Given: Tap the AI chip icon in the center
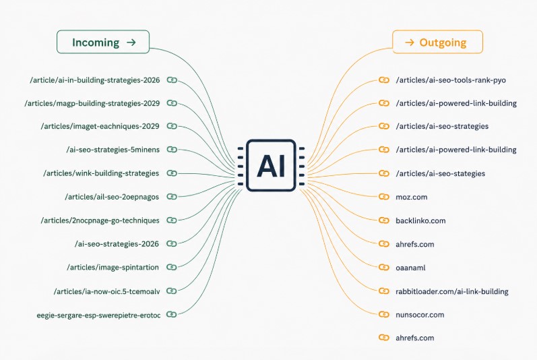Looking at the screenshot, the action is click(271, 165).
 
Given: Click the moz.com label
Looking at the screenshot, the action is click(411, 197).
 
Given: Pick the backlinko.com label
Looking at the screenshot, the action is click(420, 220).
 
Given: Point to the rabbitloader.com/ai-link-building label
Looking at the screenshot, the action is click(451, 291).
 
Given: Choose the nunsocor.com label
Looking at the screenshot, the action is click(420, 315).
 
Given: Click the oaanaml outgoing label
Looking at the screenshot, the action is click(410, 268).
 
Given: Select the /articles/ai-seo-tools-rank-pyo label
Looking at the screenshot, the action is click(451, 80).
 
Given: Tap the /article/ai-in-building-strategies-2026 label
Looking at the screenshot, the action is click(95, 80).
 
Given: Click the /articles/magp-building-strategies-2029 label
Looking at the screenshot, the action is click(92, 103).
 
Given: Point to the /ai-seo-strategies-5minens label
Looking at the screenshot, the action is click(113, 150).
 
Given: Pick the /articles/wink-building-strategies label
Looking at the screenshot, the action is click(101, 173).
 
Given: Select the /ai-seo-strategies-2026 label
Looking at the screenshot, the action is click(117, 244).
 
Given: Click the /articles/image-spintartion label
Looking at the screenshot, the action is click(113, 267).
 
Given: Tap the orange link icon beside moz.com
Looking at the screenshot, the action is click(384, 197).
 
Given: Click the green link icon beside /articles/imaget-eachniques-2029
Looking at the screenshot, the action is click(172, 126).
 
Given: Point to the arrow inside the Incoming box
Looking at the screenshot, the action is click(131, 42).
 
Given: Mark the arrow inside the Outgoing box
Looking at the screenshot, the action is click(410, 42).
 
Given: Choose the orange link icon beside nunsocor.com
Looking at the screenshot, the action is click(384, 314).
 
